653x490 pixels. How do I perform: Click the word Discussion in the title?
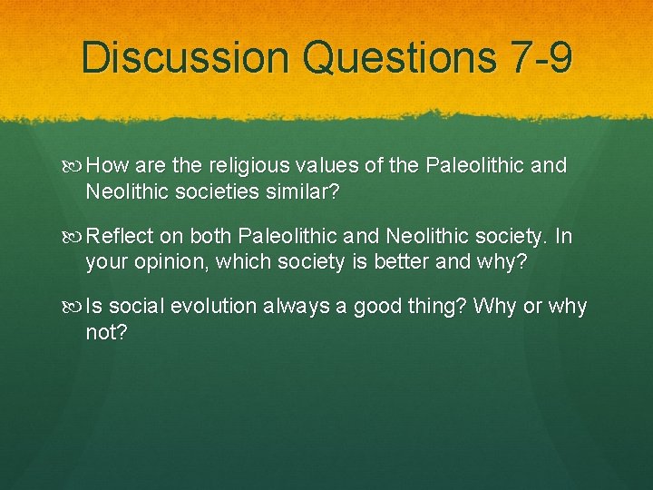pos(186,58)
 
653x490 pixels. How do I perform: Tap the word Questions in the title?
pos(400,58)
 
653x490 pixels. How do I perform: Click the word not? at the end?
pos(107,332)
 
